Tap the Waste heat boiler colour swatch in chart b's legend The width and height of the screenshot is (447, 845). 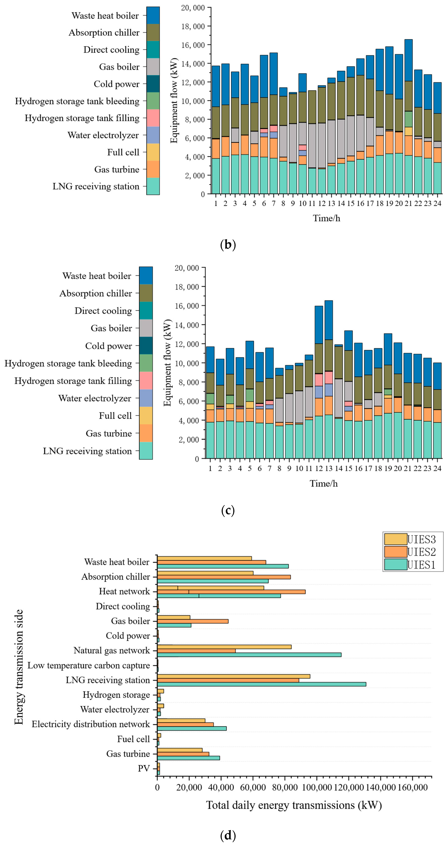(x=153, y=15)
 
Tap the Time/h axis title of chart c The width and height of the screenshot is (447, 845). (x=323, y=483)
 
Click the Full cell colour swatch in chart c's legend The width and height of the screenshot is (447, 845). (x=146, y=416)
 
